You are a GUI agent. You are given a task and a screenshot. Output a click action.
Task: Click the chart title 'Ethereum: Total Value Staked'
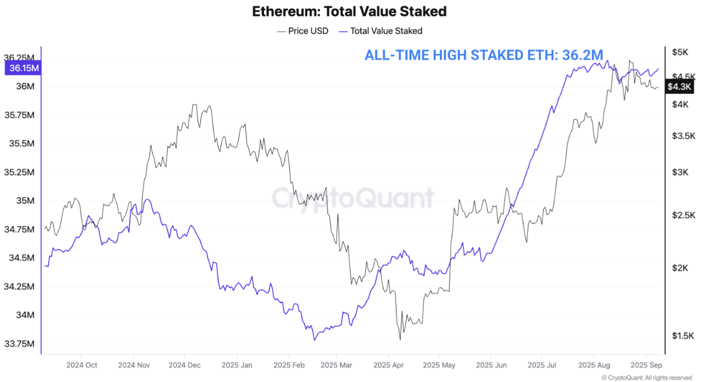[x=349, y=11]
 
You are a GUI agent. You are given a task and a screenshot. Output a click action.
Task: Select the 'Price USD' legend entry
[x=302, y=31]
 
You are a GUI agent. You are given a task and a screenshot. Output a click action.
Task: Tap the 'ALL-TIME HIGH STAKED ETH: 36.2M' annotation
[x=484, y=55]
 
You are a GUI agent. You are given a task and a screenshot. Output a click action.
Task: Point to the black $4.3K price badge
[x=680, y=87]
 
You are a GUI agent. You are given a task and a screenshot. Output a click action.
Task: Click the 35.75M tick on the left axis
[x=20, y=115]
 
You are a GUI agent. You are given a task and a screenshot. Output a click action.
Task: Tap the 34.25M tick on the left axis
[x=20, y=287]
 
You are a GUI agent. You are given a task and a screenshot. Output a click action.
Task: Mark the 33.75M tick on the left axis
[x=20, y=344]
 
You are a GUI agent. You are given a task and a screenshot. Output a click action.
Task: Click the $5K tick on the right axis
[x=680, y=52]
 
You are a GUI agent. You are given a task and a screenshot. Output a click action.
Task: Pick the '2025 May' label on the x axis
[x=439, y=364]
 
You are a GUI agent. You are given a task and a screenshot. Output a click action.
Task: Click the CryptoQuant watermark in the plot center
[x=353, y=197]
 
